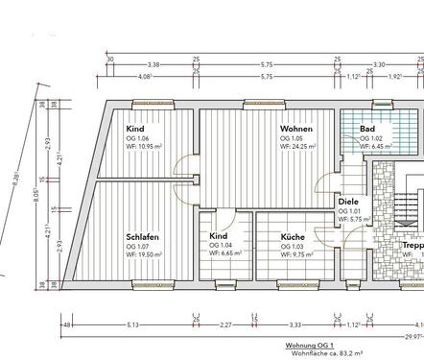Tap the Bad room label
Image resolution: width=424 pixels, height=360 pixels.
click(x=367, y=129)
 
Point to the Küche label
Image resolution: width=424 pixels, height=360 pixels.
click(x=293, y=236)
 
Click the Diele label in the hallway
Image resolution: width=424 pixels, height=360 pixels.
click(x=348, y=202)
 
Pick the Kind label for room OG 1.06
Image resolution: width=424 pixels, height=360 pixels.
click(x=135, y=129)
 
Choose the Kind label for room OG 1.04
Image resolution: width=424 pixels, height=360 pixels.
click(x=219, y=236)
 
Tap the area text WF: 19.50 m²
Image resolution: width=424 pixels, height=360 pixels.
click(x=144, y=254)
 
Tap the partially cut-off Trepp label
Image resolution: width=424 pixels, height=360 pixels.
click(x=412, y=245)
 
